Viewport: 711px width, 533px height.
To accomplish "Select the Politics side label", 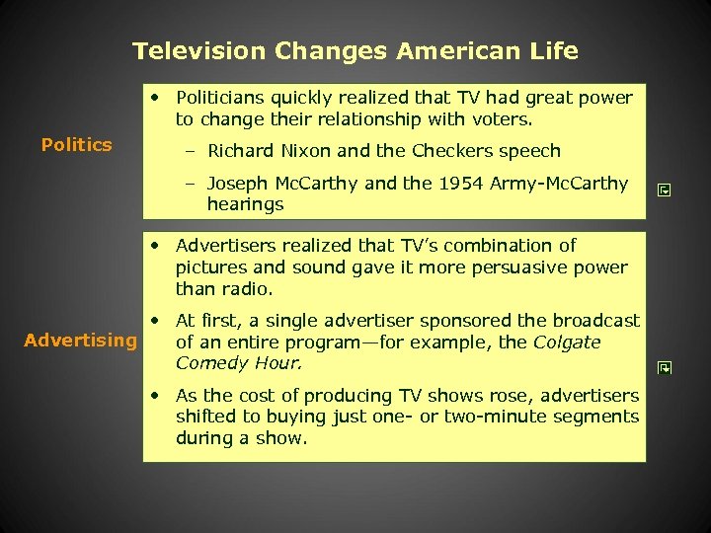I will (x=77, y=145).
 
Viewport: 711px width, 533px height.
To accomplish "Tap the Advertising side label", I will (x=81, y=341).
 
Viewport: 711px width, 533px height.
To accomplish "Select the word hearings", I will (x=245, y=205).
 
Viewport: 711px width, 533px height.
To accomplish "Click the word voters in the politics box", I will (x=502, y=119).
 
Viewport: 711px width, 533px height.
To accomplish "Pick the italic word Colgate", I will (x=567, y=343).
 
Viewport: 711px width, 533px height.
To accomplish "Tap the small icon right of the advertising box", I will (x=665, y=368).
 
